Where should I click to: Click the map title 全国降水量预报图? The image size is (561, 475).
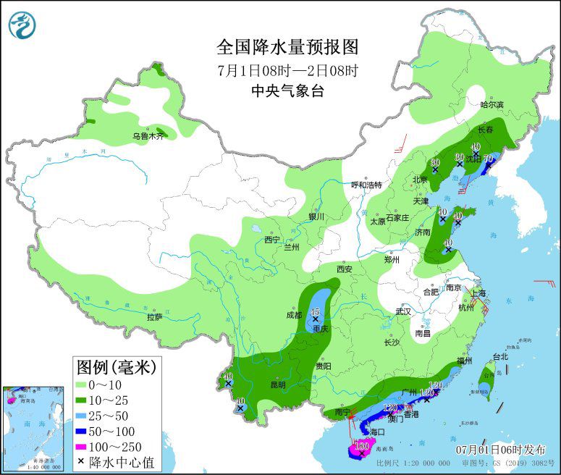pos(287,48)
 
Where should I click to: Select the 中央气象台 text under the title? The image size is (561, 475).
pos(287,91)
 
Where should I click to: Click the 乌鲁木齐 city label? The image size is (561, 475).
pos(148,136)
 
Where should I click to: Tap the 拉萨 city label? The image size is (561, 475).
pos(155,316)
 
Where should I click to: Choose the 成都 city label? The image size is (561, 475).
pos(293,315)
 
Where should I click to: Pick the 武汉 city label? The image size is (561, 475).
pos(402,311)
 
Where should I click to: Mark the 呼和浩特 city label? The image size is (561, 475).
pos(366,185)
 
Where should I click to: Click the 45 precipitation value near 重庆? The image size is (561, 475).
pos(315,312)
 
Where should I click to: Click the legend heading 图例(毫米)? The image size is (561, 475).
pos(116,367)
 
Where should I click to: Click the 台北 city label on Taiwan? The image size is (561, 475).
pos(500,356)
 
